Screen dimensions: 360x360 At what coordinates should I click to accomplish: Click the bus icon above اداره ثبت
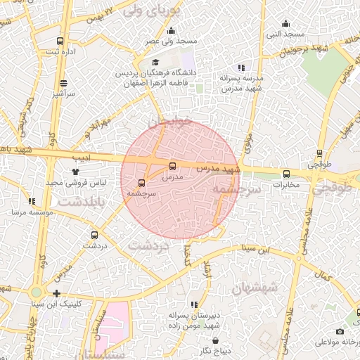click(60, 41)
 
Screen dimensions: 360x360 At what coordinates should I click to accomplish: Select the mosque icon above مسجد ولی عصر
click(171, 30)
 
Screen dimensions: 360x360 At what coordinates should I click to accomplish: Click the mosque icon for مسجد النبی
click(285, 23)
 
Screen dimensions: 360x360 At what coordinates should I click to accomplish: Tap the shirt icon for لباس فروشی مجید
click(75, 170)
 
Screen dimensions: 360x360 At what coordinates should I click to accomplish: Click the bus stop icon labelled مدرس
click(173, 167)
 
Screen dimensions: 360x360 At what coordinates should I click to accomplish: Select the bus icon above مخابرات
click(285, 174)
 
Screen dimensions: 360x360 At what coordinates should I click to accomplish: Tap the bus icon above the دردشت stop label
click(95, 235)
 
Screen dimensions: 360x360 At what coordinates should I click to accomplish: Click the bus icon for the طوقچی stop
click(320, 153)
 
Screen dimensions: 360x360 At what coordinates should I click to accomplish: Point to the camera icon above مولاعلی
click(340, 331)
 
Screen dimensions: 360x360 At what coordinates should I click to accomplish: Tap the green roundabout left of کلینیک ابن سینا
click(36, 292)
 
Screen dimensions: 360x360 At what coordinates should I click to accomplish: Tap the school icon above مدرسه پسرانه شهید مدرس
click(241, 67)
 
